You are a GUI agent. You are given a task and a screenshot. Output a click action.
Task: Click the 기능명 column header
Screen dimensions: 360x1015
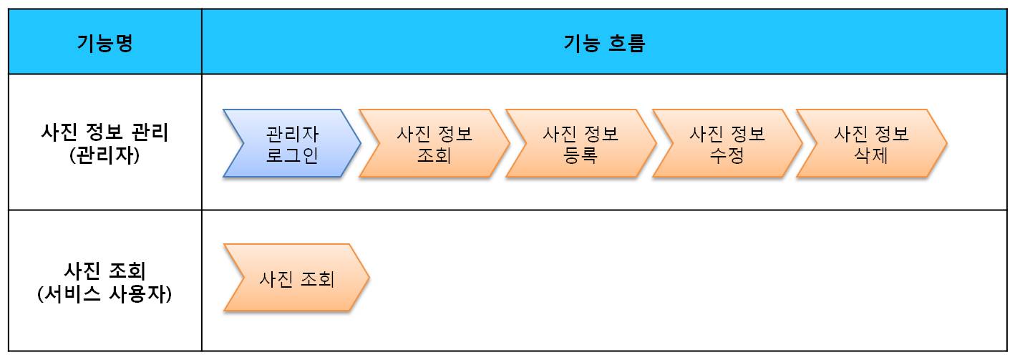tap(105, 43)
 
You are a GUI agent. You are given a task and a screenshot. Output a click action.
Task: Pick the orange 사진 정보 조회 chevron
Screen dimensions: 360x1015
tap(434, 144)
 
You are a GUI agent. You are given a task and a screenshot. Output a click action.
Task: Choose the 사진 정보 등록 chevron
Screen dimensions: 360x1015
tap(580, 144)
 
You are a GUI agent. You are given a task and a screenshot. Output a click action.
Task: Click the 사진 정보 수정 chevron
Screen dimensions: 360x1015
tap(727, 144)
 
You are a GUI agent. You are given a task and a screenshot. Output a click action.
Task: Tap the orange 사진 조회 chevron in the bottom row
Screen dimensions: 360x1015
tap(296, 278)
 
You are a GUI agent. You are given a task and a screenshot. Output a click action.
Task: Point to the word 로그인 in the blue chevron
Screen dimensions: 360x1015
tap(292, 155)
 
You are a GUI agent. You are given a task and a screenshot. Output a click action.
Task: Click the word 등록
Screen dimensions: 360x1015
tap(581, 155)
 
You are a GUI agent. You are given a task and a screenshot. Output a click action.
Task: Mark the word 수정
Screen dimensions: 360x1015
tap(727, 155)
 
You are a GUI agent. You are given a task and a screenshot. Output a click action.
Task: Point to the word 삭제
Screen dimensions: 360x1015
tap(871, 155)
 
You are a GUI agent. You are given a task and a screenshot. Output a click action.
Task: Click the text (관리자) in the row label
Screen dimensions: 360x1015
tap(105, 155)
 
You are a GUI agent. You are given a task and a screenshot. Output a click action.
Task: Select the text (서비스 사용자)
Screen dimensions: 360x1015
tap(105, 294)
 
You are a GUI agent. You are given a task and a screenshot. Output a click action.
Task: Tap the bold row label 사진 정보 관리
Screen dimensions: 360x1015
tap(105, 133)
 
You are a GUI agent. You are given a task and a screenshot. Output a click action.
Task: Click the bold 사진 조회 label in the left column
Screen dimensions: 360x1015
tap(105, 271)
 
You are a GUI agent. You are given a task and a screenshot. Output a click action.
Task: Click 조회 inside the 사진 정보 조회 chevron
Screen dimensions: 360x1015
tap(434, 155)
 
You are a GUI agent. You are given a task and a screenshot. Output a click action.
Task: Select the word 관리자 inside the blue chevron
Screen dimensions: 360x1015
tap(292, 134)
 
